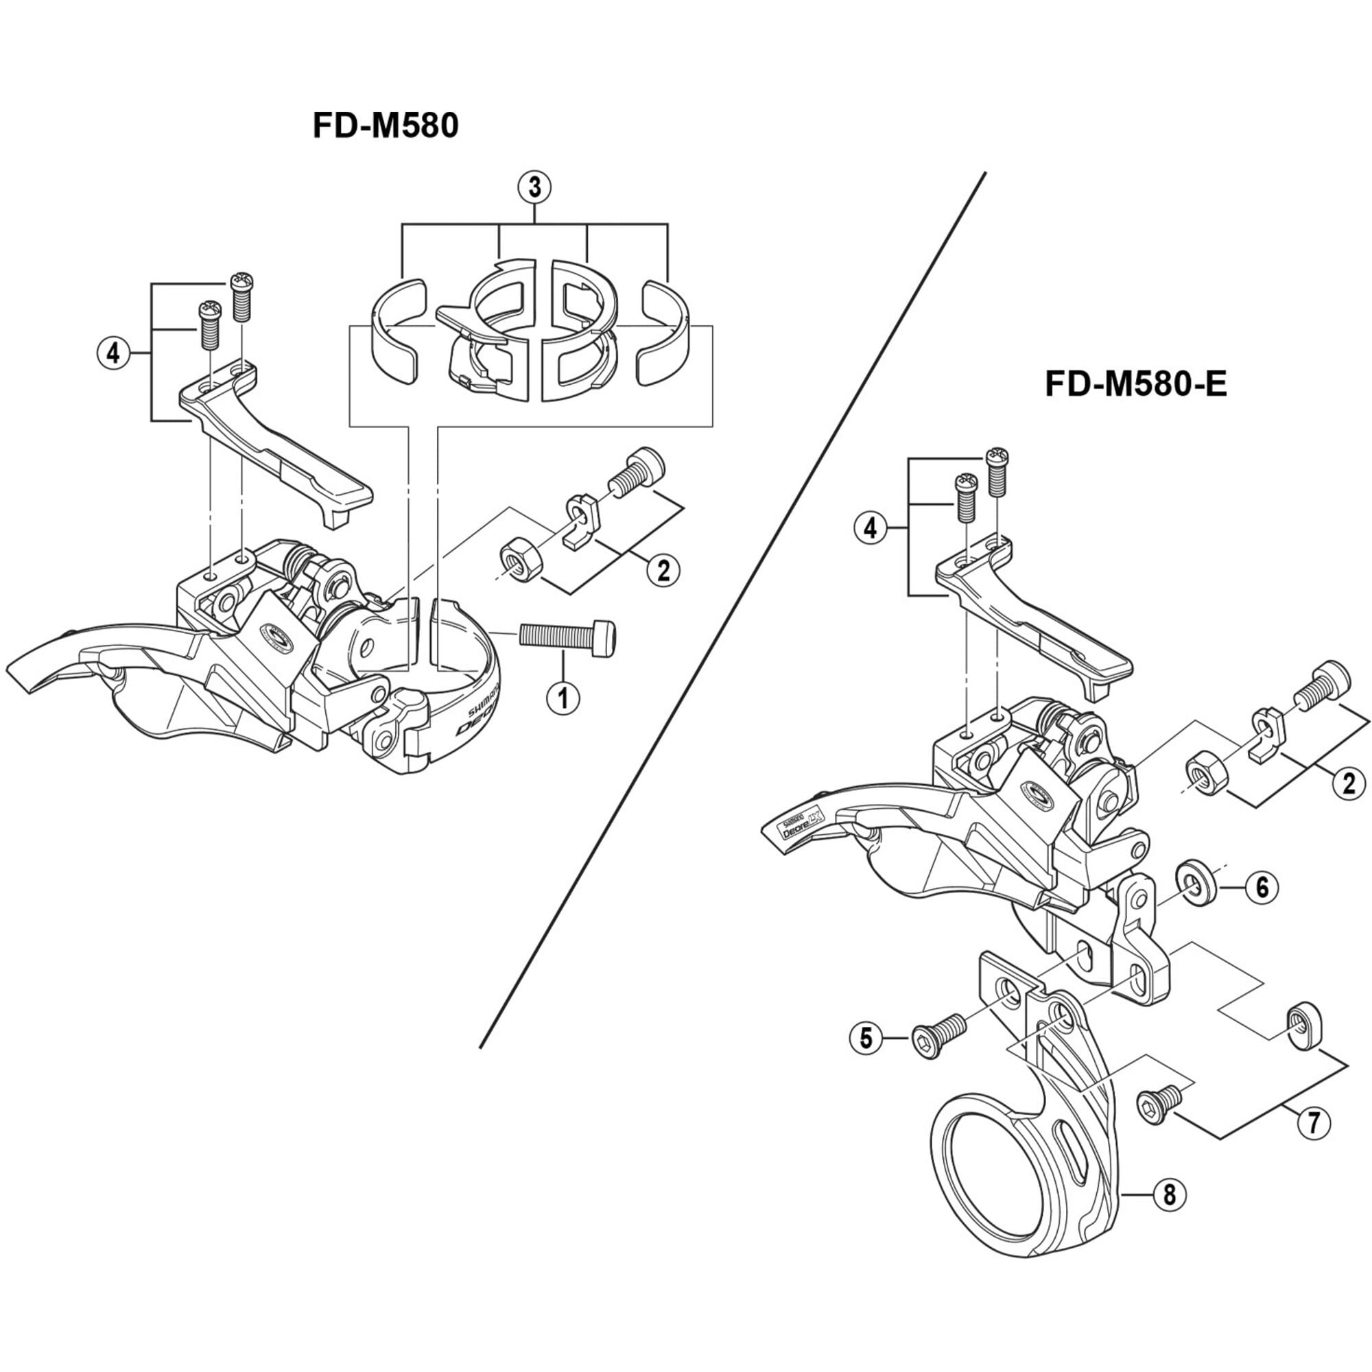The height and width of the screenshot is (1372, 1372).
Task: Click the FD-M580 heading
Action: coord(386,126)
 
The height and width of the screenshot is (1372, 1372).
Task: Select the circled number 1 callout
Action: coord(563,698)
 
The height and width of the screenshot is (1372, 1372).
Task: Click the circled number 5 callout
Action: coord(866,1038)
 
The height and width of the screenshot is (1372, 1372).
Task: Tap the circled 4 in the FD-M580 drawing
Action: coord(114,353)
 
